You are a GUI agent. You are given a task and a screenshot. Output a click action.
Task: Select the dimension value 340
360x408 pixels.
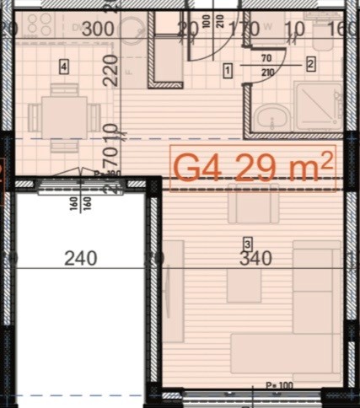[x=255, y=258]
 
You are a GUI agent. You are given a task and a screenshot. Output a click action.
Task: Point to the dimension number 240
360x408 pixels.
[x=81, y=258]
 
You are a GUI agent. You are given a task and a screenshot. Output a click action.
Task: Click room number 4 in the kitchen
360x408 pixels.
[x=63, y=65]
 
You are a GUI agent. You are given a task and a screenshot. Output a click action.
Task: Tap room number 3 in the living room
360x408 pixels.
[x=247, y=244]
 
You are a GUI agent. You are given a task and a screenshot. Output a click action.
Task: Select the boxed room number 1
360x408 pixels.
[x=228, y=72]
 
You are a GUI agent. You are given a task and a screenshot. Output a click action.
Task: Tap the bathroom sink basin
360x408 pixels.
[x=269, y=116]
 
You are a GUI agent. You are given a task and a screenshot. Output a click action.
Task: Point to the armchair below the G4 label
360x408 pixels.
[x=253, y=206]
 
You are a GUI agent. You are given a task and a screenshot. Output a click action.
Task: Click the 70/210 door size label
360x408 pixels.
[x=266, y=65]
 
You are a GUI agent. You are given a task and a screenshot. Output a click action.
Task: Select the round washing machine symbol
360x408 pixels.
[x=133, y=30]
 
